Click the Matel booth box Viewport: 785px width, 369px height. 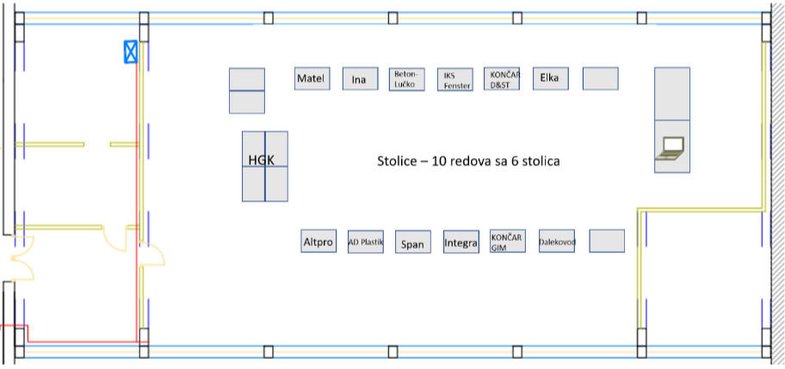312,79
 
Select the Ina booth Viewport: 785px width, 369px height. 361,80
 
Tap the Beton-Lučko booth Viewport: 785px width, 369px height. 406,79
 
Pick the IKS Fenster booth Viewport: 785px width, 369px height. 454,80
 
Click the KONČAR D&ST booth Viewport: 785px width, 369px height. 502,79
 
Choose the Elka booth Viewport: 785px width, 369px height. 550,78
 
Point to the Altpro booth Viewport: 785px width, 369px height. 318,243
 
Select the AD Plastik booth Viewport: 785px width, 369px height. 366,243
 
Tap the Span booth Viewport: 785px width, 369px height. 412,243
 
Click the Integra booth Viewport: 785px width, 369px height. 460,243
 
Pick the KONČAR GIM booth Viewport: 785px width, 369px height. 507,242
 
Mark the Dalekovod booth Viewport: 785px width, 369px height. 557,242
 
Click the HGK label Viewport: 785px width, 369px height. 260,160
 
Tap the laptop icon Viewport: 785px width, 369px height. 671,148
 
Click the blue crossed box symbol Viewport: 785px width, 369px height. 130,52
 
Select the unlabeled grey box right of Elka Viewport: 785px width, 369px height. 600,78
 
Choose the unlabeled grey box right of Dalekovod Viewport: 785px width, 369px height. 607,241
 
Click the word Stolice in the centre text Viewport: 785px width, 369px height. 398,161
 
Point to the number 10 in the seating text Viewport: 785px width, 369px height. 441,161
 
